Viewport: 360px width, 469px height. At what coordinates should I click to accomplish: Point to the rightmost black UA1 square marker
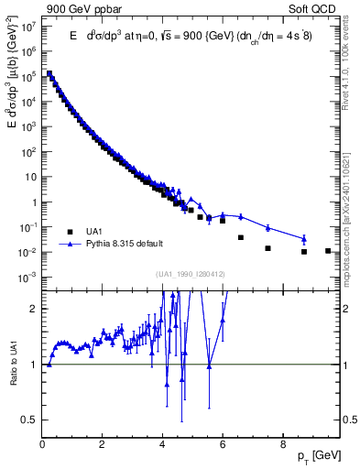[x=328, y=250]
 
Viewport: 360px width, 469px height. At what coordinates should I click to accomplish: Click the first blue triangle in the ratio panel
[x=49, y=364]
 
